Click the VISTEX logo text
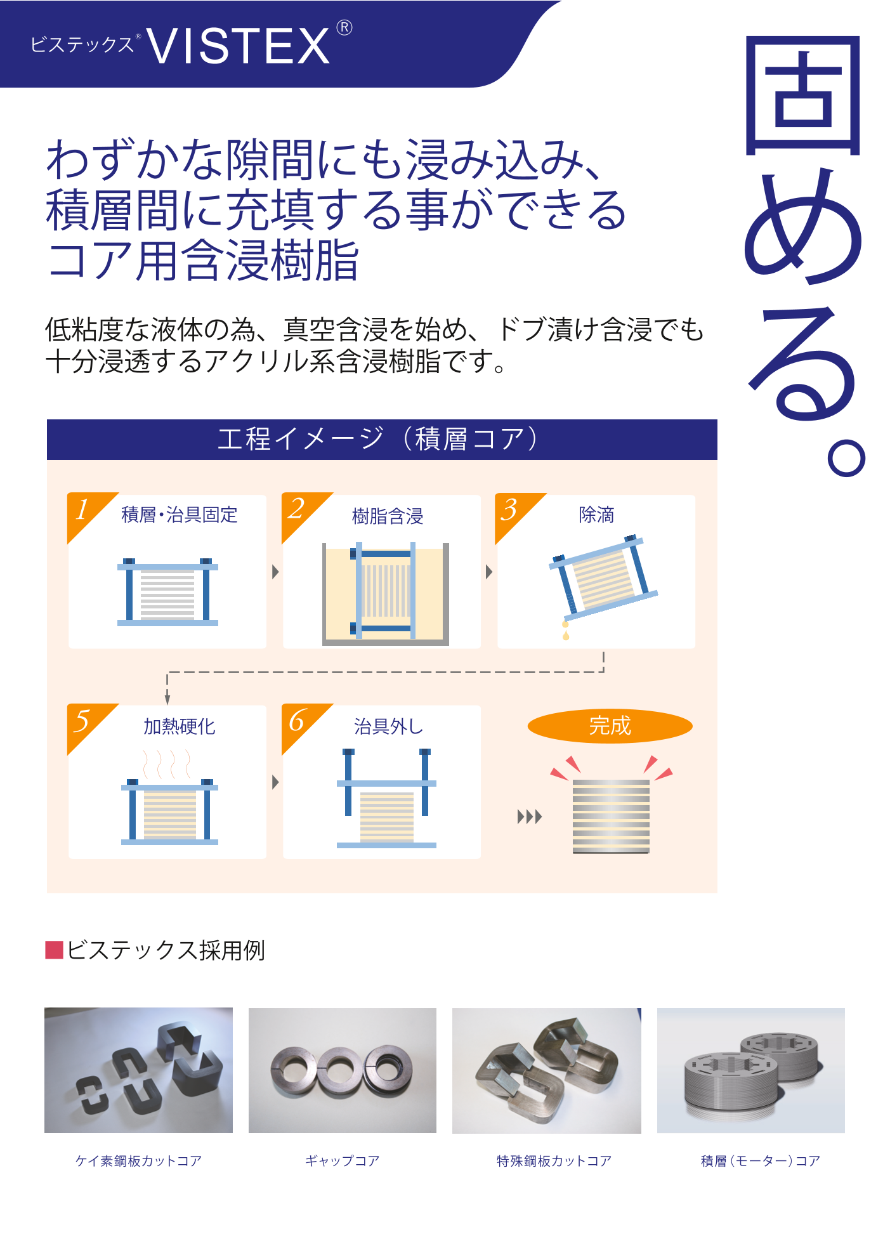238,46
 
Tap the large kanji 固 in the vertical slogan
802,95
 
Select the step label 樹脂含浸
388,516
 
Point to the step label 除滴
596,515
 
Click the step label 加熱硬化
180,726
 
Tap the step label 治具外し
388,726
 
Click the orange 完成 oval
610,726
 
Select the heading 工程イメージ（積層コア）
379,439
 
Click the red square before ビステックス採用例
54,950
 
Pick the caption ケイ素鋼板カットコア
138,1161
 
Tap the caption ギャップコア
343,1161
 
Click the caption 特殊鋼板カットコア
554,1161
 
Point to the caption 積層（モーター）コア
761,1161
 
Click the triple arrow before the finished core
530,817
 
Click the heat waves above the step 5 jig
167,764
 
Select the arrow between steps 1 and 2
275,572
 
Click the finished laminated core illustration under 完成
611,817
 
